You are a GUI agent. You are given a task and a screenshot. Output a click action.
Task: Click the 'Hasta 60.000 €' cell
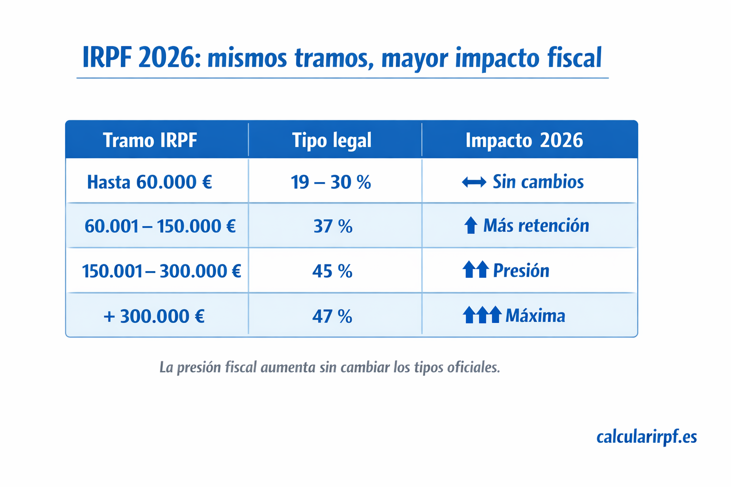click(x=149, y=182)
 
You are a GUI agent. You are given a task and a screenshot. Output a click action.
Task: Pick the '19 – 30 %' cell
click(x=331, y=182)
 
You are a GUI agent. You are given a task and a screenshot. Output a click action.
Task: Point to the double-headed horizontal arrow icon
click(x=474, y=182)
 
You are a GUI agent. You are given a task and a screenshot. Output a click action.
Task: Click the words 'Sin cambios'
click(x=538, y=182)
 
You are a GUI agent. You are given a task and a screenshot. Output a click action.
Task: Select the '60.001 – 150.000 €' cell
click(x=160, y=226)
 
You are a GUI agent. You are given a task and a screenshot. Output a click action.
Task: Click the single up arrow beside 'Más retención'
click(x=470, y=225)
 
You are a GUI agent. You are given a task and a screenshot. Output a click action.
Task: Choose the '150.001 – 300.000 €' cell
click(x=161, y=271)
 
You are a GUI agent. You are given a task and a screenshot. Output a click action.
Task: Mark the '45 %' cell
click(x=332, y=271)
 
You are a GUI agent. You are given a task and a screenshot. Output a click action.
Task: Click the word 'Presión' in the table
click(x=521, y=271)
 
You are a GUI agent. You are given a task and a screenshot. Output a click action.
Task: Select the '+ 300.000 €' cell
click(x=154, y=316)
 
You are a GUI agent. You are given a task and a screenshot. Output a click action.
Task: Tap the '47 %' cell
click(x=332, y=316)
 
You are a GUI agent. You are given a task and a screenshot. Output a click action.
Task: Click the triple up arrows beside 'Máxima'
click(x=482, y=315)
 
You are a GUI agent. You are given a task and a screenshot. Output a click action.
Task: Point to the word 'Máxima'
click(x=535, y=316)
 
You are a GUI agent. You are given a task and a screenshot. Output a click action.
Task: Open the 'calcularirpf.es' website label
click(x=646, y=437)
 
